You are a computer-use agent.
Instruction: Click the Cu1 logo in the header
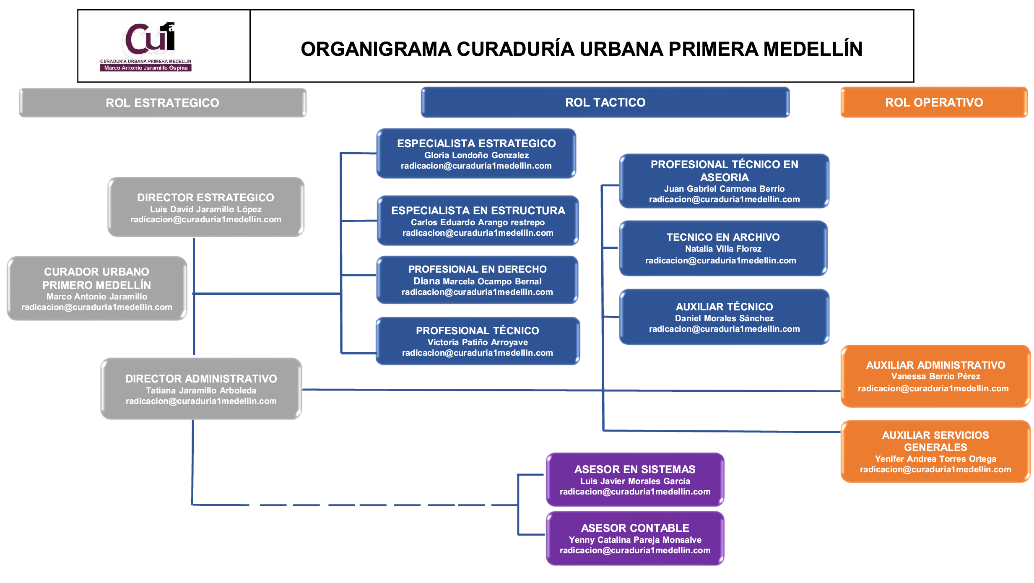149,40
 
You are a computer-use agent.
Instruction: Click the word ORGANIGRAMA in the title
376,49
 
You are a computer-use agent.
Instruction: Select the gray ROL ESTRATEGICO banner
162,103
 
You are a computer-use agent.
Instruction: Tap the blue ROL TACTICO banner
605,102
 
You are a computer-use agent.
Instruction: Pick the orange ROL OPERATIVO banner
934,102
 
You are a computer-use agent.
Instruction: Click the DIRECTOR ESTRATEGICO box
205,207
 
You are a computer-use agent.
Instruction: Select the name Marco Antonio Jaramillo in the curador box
97,297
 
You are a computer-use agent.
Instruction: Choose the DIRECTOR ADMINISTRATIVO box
201,389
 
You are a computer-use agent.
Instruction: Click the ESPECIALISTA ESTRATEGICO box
476,154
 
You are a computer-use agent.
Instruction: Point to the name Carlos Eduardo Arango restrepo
478,222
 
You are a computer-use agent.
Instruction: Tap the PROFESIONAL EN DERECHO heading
477,269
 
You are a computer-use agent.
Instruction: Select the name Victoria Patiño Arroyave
478,342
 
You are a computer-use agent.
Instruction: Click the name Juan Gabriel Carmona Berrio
724,189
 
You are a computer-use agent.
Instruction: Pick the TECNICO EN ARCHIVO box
723,248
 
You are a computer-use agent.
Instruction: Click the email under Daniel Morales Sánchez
724,329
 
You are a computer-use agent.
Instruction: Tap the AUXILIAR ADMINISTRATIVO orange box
935,376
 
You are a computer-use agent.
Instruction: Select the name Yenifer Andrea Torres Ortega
935,459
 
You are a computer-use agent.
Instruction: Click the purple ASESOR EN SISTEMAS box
635,479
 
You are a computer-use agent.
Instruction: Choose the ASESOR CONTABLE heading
635,528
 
